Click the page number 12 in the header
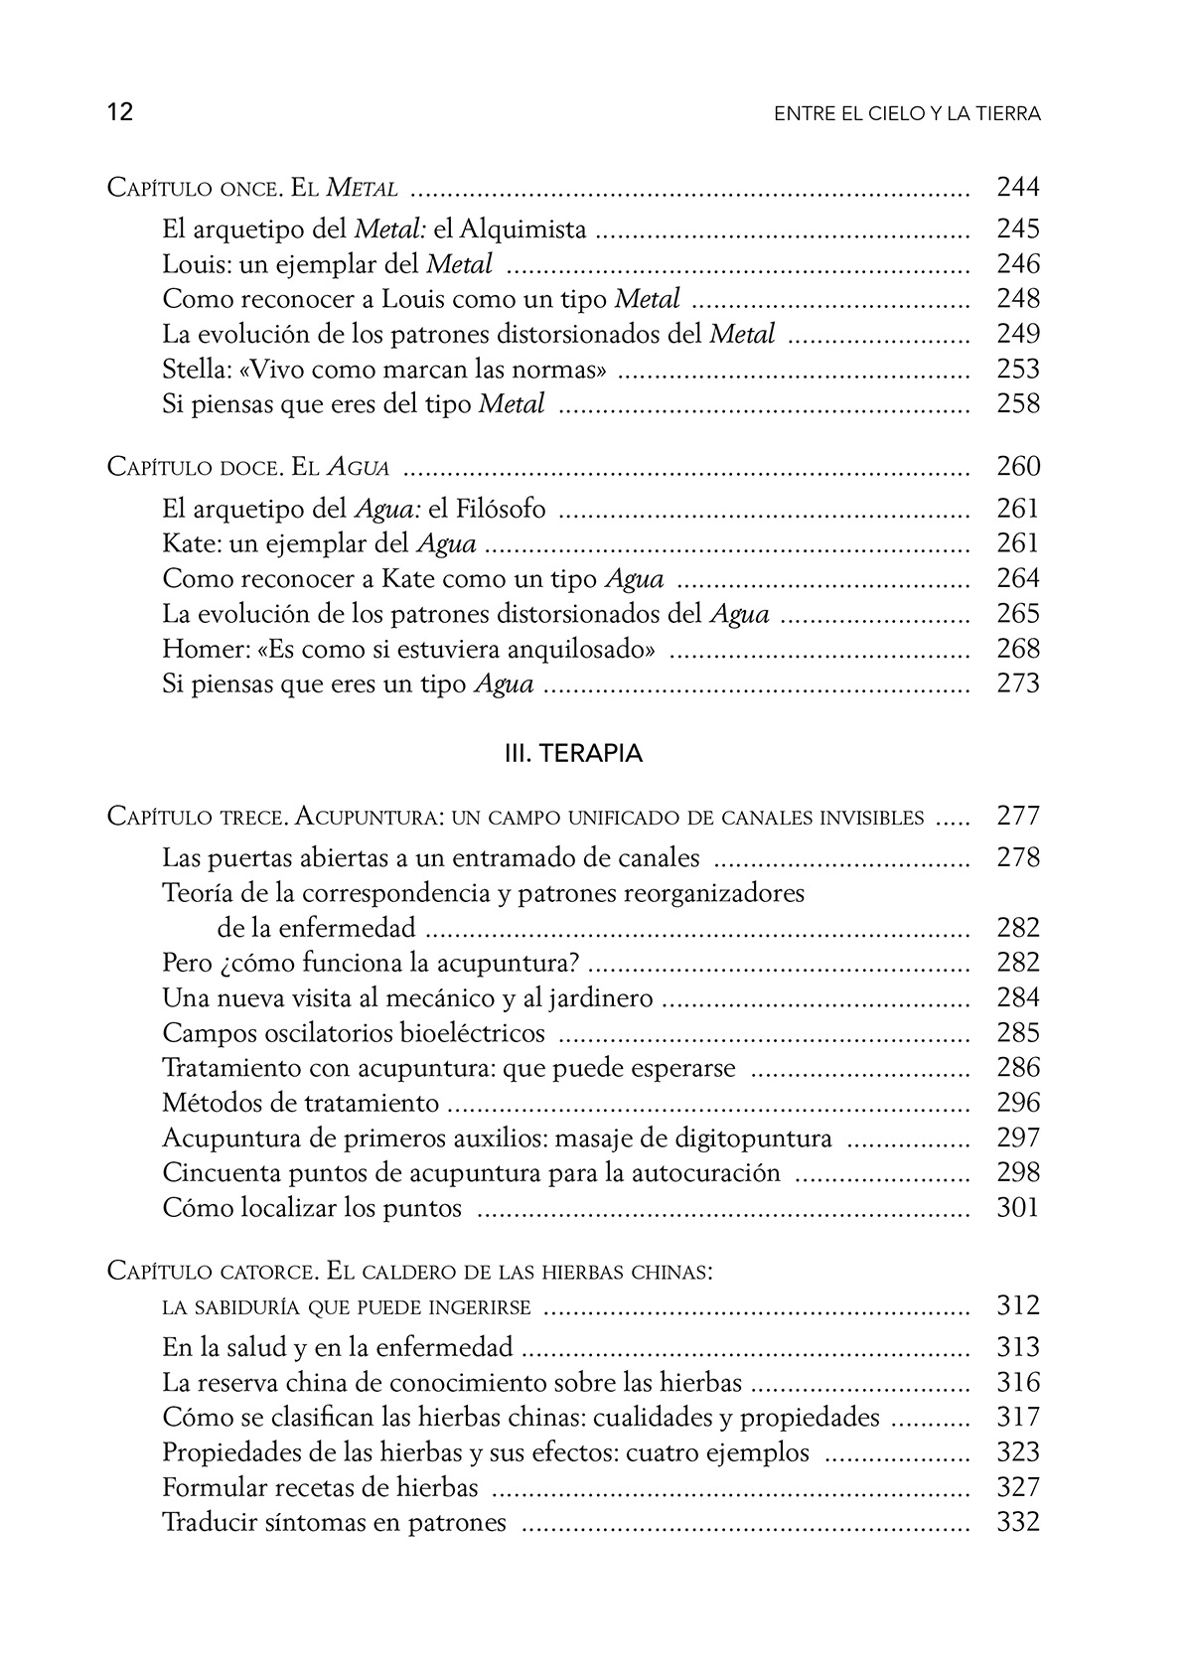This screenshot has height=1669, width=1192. click(x=120, y=112)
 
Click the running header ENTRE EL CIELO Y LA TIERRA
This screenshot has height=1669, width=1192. click(x=907, y=114)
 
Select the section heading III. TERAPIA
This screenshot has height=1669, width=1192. click(x=574, y=754)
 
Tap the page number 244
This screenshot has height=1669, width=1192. click(x=1018, y=187)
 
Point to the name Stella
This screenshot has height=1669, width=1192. click(x=195, y=370)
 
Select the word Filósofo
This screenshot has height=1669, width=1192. click(x=502, y=510)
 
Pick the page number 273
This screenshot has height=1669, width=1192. click(x=1018, y=683)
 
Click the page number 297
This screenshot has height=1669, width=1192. click(x=1018, y=1138)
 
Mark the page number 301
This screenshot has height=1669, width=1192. click(x=1018, y=1208)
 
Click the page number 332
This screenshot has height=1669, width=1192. click(x=1018, y=1522)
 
